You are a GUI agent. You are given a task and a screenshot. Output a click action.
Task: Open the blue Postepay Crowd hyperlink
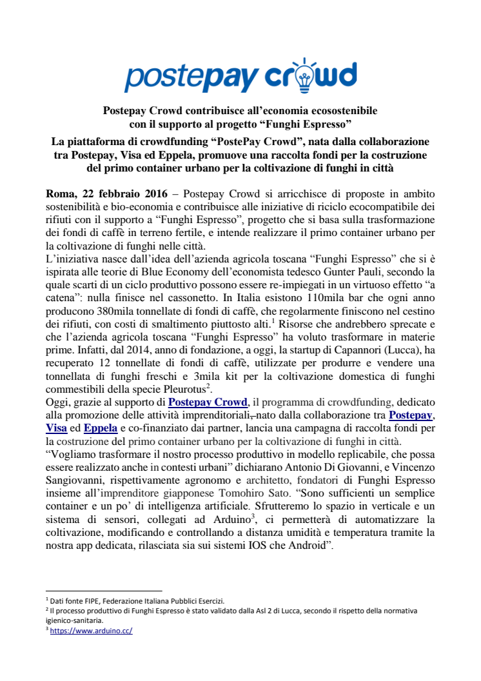(208, 402)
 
